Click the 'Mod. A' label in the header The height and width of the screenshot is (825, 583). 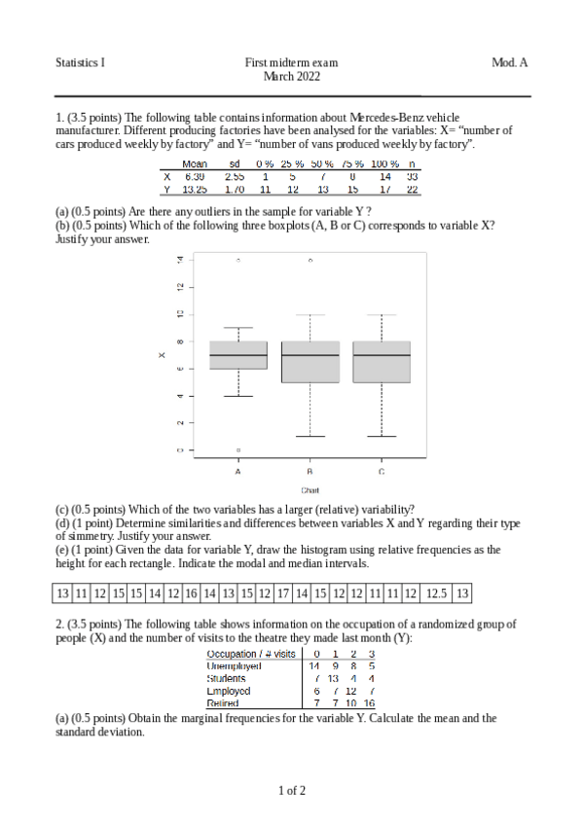click(509, 62)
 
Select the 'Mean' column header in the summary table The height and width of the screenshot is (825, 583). click(195, 164)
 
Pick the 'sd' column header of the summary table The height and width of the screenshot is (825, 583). click(235, 164)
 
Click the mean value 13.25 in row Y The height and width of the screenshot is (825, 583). click(195, 190)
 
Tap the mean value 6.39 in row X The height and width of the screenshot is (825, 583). click(195, 177)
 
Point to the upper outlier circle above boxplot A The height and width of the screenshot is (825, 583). click(238, 261)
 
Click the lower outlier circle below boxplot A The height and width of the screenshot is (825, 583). click(238, 449)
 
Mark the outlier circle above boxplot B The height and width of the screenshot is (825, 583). click(310, 261)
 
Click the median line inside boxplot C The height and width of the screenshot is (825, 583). click(382, 355)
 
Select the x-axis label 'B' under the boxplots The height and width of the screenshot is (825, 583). click(310, 471)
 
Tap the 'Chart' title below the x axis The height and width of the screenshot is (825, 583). click(310, 490)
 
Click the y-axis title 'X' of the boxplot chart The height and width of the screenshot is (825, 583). click(162, 355)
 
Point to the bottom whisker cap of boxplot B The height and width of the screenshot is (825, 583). click(310, 436)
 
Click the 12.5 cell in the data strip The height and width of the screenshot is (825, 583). click(436, 592)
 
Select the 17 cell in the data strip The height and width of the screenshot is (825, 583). click(283, 592)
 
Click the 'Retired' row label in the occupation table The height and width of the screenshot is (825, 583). click(223, 702)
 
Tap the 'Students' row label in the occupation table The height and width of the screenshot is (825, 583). click(227, 678)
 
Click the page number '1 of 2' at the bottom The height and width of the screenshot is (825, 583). click(291, 790)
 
